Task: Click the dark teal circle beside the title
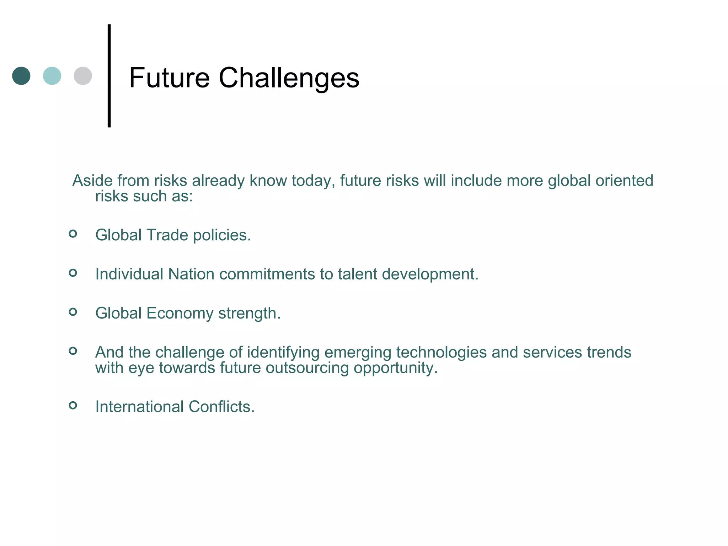pos(21,76)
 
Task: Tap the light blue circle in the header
pos(52,76)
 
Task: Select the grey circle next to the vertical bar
pos(83,76)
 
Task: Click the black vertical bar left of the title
pos(109,76)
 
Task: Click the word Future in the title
pos(169,78)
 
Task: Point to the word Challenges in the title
pos(289,79)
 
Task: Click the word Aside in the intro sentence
pos(92,181)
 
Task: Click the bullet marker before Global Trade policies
pos(73,234)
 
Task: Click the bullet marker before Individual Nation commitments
pos(73,273)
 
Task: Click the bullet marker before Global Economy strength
pos(73,312)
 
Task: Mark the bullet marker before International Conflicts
pos(73,405)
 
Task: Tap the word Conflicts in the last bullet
pos(221,407)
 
